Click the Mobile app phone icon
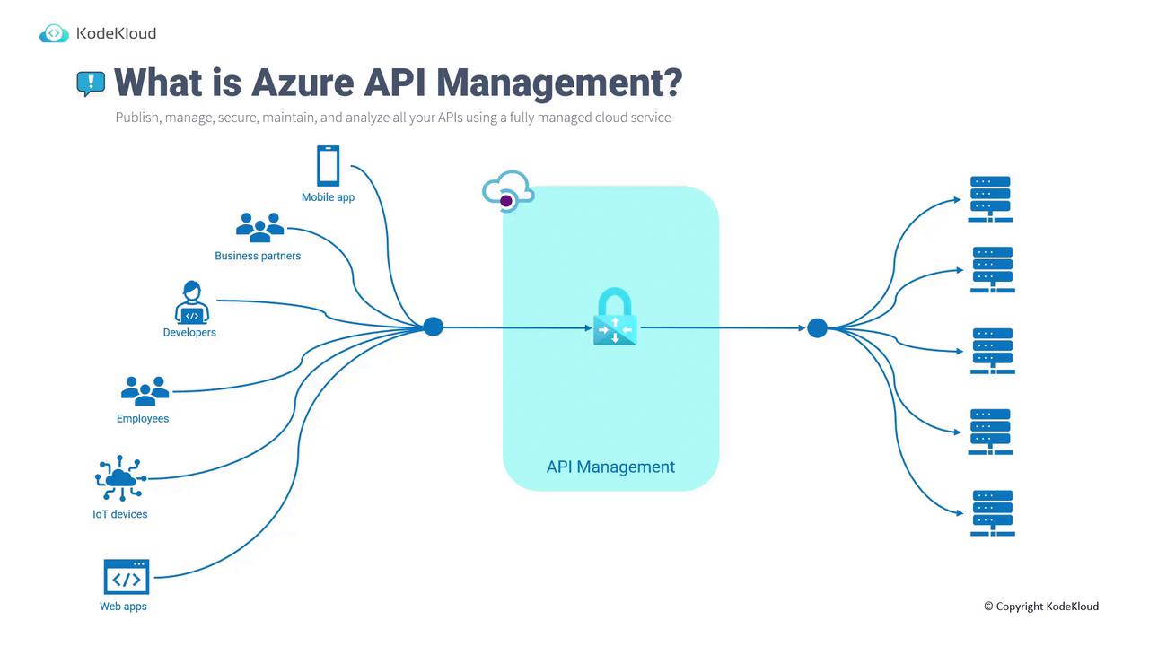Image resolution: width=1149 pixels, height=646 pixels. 328,166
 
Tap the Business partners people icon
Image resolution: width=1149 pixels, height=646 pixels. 259,227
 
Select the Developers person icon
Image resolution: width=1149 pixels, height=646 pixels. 191,302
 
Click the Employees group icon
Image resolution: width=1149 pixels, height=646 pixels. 145,390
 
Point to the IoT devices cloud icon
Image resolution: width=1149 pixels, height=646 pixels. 120,479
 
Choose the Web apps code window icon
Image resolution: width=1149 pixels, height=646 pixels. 127,577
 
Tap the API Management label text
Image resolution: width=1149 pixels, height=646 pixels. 610,467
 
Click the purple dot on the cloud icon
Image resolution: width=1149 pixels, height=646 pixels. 506,201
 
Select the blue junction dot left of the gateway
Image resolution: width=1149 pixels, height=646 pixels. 434,327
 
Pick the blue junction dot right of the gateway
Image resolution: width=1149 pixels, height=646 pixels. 817,328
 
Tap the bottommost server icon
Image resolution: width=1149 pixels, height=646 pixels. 992,513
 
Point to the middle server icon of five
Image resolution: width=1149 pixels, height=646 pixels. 992,351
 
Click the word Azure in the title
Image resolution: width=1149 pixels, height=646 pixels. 303,83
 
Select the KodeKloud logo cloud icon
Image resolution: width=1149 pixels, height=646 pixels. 54,34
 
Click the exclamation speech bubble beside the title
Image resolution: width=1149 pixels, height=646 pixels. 91,83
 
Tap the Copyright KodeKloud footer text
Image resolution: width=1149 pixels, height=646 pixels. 1041,607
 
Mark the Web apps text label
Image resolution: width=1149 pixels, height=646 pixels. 123,607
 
